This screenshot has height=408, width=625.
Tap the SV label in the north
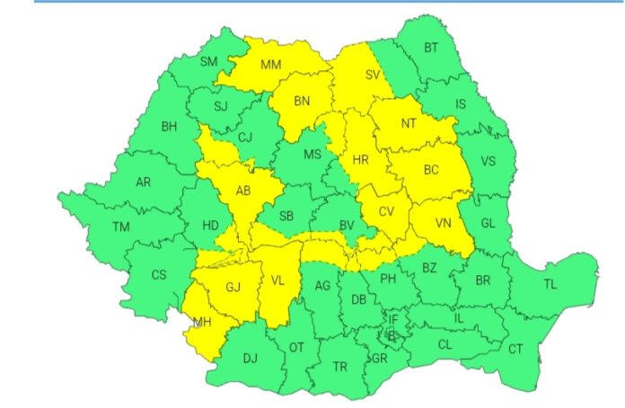373,75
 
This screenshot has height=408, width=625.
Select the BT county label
432,48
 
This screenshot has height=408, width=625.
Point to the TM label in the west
121,226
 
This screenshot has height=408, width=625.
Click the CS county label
159,274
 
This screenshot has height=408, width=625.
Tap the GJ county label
233,288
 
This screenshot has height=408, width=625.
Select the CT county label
515,349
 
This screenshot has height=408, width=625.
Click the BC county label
431,168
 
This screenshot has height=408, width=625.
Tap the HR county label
361,160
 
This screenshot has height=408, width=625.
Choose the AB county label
242,191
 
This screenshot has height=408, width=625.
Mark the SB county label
286,216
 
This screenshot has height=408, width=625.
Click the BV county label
348,225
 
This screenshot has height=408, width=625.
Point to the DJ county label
250,359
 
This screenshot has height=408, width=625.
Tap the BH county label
169,126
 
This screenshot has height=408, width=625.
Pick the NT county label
409,123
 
